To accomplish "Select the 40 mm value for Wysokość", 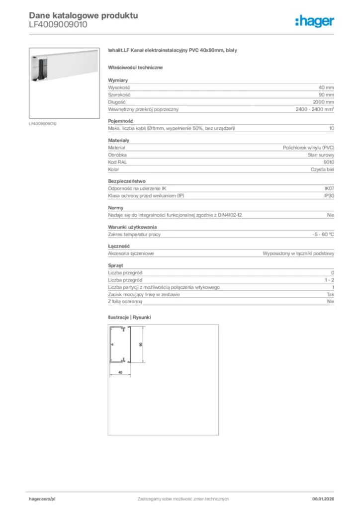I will [326, 87].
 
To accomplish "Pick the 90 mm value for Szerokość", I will [326, 94].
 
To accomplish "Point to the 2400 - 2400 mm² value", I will [315, 109].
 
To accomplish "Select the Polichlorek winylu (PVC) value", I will [308, 148].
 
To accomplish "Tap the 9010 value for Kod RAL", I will [329, 162].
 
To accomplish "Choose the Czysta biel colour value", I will [322, 170].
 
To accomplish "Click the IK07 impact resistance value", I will [329, 189].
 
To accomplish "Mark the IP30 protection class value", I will [329, 196].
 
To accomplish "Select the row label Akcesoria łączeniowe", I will [131, 254].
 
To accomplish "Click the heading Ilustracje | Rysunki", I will [129, 317].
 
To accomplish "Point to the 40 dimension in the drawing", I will [119, 371].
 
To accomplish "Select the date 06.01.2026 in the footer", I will [323, 499].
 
